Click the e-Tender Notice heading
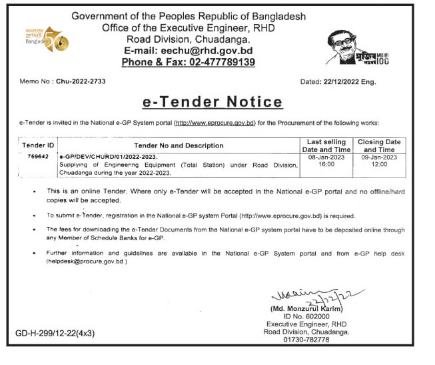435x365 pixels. (x=213, y=101)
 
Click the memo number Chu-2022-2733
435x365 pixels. (x=81, y=81)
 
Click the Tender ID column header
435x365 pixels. (x=37, y=145)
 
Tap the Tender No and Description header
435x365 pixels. (x=179, y=145)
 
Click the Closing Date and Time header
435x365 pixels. (x=379, y=145)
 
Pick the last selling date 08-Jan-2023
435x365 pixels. (x=326, y=157)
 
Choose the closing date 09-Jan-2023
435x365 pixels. (x=379, y=157)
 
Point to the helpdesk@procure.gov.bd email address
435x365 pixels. (x=83, y=262)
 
